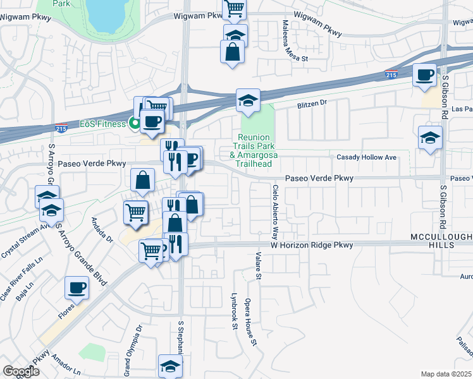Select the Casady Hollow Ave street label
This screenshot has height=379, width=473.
coord(366,157)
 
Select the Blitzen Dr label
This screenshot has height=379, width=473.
coord(312,102)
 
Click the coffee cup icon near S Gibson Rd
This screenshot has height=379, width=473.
coord(424,75)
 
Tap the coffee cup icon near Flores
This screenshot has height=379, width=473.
coord(77,287)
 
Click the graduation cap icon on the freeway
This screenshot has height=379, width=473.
coord(249,99)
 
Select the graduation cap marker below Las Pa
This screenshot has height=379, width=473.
coord(430,137)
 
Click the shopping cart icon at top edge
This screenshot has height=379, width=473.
coord(234,8)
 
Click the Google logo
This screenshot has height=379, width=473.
coord(21,371)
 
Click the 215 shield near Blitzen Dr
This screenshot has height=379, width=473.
coord(391,75)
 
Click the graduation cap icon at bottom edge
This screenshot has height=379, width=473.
coord(169,366)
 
